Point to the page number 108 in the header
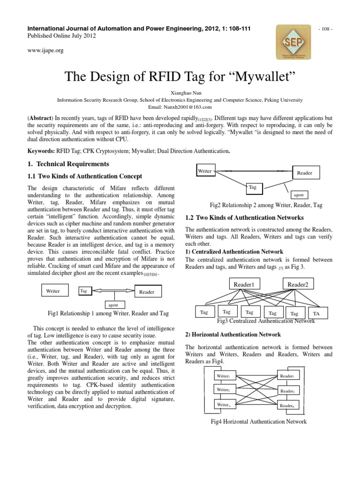pyautogui.click(x=325, y=29)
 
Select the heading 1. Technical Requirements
pyautogui.click(x=68, y=164)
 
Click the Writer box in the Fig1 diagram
pyautogui.click(x=53, y=291)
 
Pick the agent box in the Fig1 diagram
pyautogui.click(x=113, y=305)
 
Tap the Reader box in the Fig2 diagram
pyautogui.click(x=305, y=173)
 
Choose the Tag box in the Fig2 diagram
pyautogui.click(x=253, y=187)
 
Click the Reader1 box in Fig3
pyautogui.click(x=243, y=284)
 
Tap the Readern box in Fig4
pyautogui.click(x=287, y=405)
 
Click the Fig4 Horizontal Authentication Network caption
pyautogui.click(x=259, y=421)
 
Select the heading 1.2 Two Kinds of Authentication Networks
pyautogui.click(x=244, y=218)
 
